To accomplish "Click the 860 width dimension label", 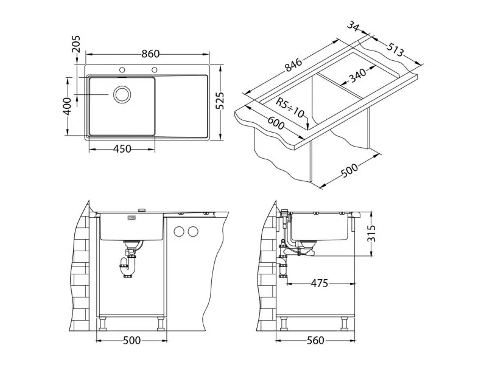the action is (x=150, y=54).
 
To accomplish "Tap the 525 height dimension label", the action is (x=220, y=100).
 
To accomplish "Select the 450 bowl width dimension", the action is (x=122, y=149).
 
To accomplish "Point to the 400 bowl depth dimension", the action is (x=67, y=106).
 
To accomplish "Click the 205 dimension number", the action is (x=75, y=44).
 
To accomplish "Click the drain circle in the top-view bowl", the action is (x=122, y=94).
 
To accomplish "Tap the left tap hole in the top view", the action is (x=122, y=69).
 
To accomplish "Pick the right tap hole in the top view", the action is (x=155, y=69).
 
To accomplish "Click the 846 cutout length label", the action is (x=293, y=64).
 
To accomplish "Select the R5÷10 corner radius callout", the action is (x=290, y=108).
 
